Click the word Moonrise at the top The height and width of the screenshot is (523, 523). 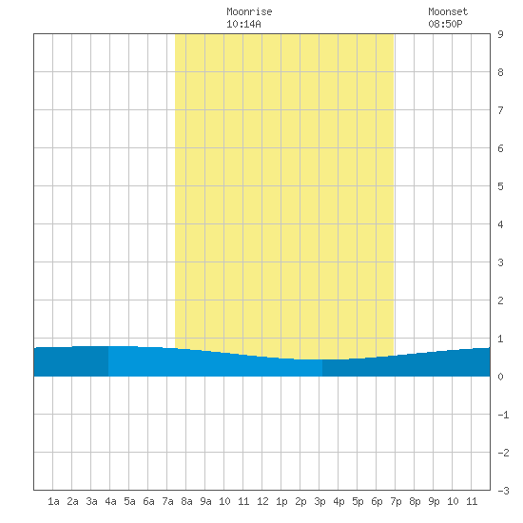249,11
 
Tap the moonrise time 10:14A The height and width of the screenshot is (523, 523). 243,24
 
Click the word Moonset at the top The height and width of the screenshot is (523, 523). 448,11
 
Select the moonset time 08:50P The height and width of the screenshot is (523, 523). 445,24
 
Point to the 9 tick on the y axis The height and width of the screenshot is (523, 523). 500,34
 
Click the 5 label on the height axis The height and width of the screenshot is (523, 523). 500,186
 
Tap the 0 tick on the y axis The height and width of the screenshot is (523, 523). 500,377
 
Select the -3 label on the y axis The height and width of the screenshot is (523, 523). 503,491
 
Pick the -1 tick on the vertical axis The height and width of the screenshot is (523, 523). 503,415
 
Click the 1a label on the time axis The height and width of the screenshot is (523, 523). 53,501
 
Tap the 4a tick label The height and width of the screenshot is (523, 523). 110,501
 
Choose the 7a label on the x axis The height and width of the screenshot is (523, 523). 167,501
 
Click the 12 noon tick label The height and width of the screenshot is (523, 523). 262,501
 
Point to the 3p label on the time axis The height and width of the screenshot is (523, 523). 320,501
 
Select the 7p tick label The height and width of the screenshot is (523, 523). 396,501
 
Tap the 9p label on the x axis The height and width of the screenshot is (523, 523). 434,501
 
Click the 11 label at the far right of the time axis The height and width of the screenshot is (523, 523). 472,501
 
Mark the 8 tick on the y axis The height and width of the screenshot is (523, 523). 500,72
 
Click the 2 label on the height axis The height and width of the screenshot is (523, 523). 500,300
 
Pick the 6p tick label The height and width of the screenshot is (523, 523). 377,501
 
